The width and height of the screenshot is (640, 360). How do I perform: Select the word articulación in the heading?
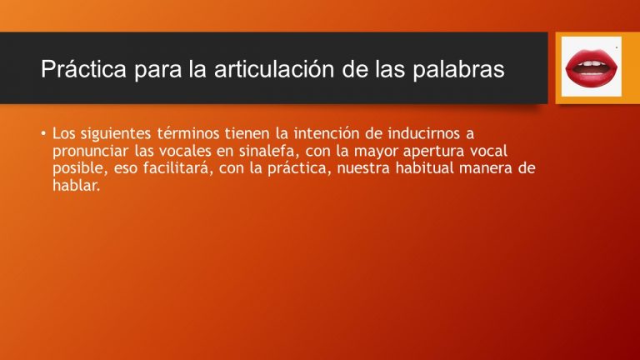[x=272, y=70]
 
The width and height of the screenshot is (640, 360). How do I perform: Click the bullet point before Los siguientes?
[x=43, y=134]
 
